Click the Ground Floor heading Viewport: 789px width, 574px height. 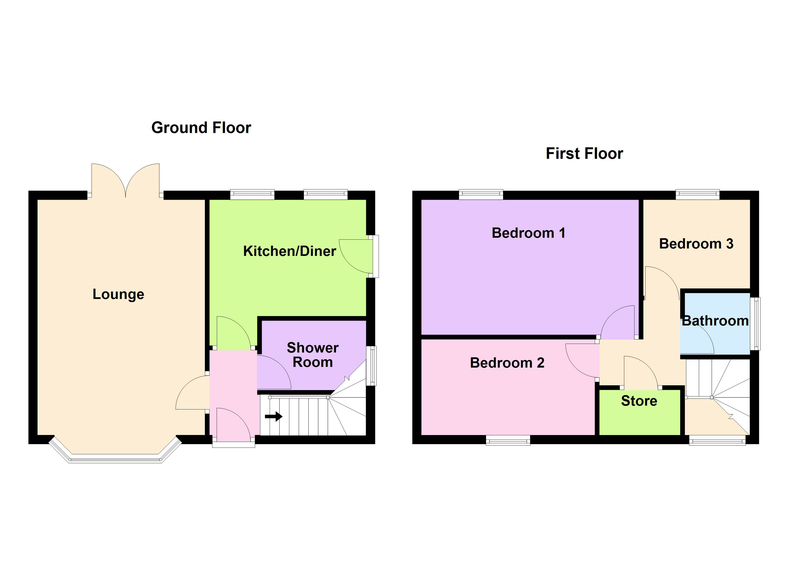pyautogui.click(x=201, y=128)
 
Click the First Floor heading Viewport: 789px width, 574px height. pyautogui.click(x=584, y=154)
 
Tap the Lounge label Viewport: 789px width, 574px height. pyautogui.click(x=118, y=294)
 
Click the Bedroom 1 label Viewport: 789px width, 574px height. pyautogui.click(x=528, y=233)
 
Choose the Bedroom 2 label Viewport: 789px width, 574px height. pyautogui.click(x=507, y=363)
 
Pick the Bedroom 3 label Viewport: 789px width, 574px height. pyautogui.click(x=696, y=244)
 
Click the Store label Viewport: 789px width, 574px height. pyautogui.click(x=639, y=401)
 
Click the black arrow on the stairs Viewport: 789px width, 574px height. pyautogui.click(x=274, y=416)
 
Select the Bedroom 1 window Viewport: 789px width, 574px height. pyautogui.click(x=481, y=194)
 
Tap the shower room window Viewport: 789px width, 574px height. pyautogui.click(x=372, y=365)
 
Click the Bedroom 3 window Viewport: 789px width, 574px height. pyautogui.click(x=697, y=194)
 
